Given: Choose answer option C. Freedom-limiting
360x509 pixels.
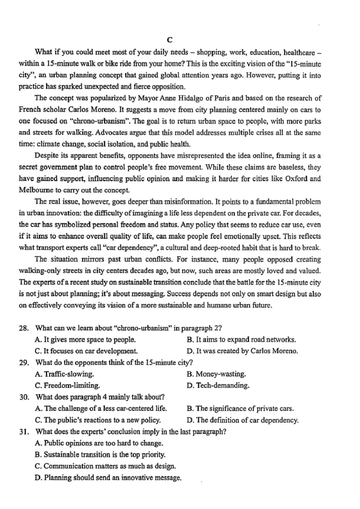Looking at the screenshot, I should (x=67, y=385).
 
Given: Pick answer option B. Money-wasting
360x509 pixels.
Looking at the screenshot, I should (x=216, y=374).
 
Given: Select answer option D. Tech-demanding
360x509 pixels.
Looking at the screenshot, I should (x=218, y=385).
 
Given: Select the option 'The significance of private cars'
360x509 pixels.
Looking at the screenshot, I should (x=240, y=409).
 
